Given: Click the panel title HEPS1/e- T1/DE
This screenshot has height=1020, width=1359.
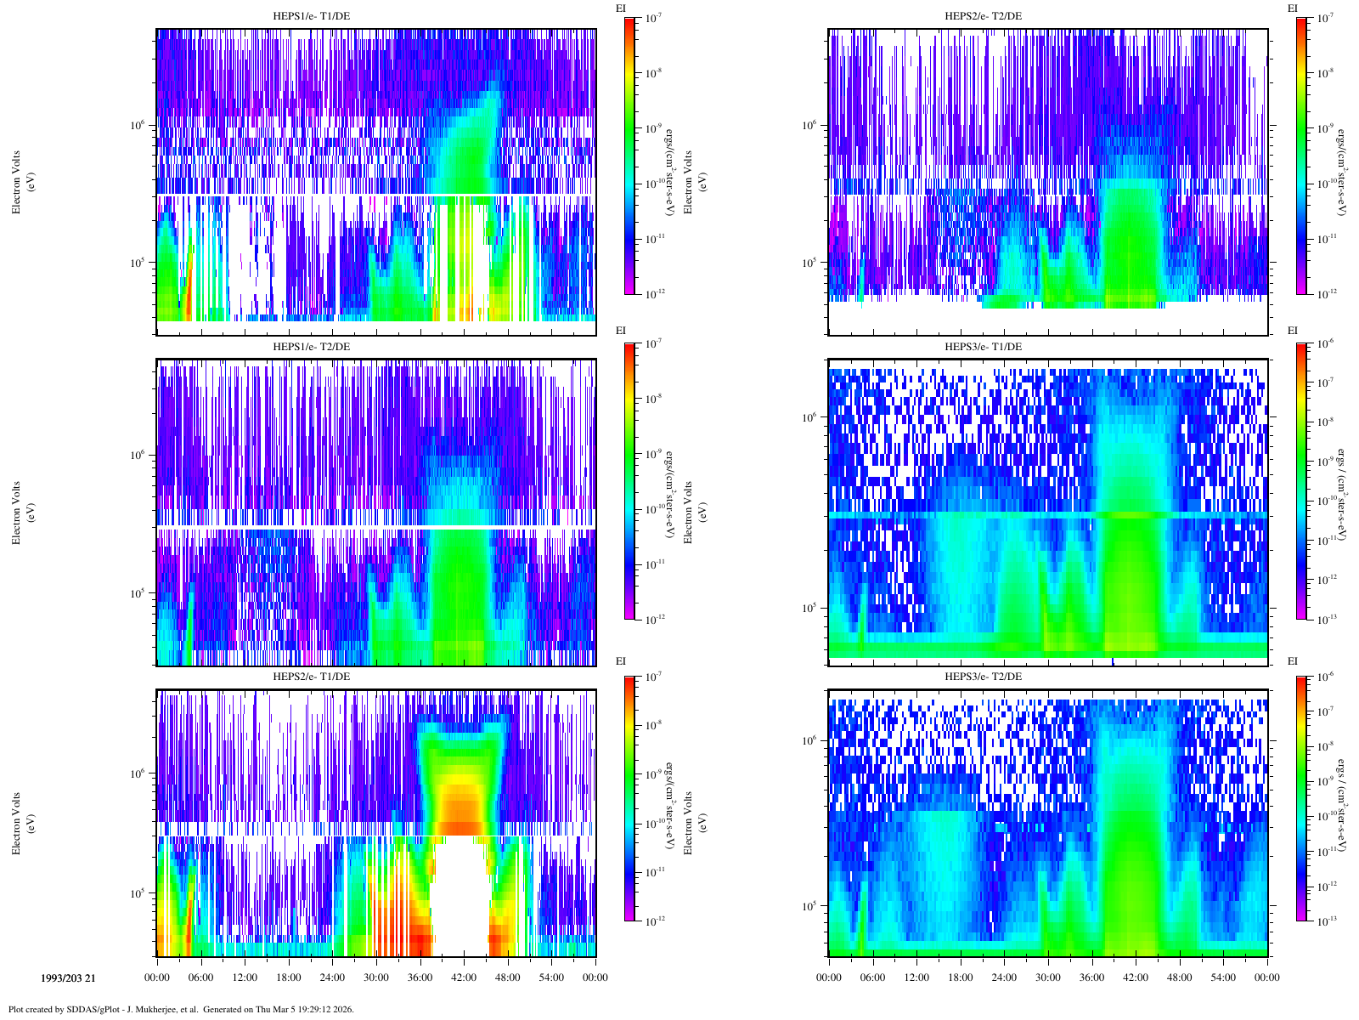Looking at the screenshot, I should (x=311, y=16).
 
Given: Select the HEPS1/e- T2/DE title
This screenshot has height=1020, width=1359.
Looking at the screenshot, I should (x=311, y=346).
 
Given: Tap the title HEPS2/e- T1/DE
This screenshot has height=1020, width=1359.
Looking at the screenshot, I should (x=311, y=677).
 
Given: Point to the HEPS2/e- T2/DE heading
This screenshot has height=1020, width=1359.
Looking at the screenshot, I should (x=984, y=16).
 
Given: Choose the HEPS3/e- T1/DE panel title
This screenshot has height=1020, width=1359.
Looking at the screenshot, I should (x=984, y=346).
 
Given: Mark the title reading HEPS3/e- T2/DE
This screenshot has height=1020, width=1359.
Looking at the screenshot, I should (x=984, y=677).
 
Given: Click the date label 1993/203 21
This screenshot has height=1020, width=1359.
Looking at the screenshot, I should (x=68, y=977).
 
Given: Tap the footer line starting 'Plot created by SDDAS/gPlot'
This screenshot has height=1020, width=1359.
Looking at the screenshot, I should (x=181, y=1010).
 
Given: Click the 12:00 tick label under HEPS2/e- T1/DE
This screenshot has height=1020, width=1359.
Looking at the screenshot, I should (x=245, y=977).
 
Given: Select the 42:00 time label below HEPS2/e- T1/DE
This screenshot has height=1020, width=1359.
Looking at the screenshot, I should (x=464, y=977).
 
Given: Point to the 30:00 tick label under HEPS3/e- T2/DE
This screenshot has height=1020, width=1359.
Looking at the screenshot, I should (x=1047, y=977).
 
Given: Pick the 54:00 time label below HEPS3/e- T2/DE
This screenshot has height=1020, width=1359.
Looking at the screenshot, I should (x=1223, y=977).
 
